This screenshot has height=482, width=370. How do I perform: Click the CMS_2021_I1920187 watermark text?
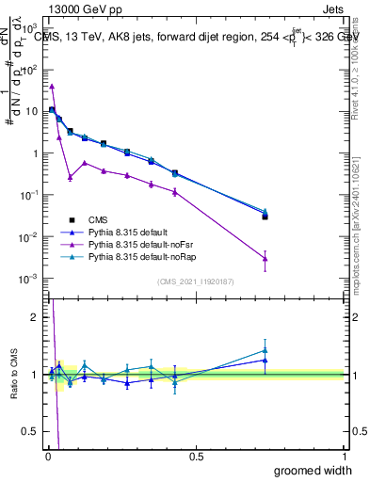196,281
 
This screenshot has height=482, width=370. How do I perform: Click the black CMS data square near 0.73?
265,217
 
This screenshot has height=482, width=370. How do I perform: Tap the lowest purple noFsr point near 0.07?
70,177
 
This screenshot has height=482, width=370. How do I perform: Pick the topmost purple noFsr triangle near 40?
52,86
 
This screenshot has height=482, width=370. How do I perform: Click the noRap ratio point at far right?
265,350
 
